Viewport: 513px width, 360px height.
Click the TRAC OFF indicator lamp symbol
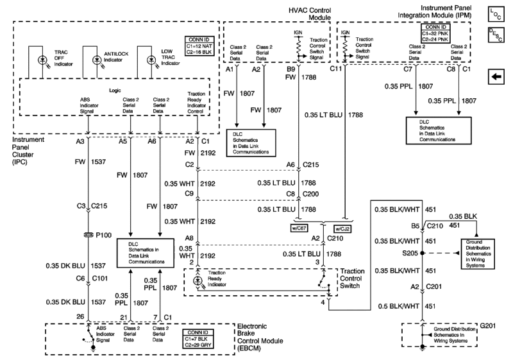42,60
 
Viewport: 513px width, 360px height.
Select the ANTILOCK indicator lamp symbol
97,60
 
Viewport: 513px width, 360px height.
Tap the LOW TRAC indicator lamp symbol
151,60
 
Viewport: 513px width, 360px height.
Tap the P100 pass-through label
108,235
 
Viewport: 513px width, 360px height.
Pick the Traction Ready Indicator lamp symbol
198,281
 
